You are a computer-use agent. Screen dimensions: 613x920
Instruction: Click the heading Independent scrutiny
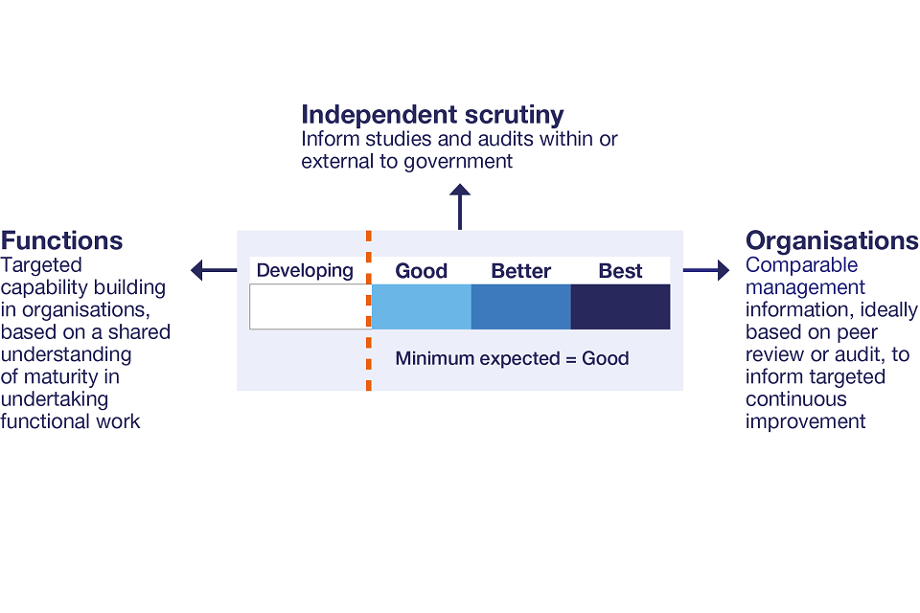(x=432, y=115)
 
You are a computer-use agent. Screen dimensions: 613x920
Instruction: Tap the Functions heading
(x=62, y=240)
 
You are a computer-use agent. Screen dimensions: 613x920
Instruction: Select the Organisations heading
(x=832, y=240)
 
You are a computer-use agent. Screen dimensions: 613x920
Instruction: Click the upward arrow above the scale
(x=460, y=207)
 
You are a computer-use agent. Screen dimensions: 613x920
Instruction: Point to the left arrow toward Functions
(x=213, y=271)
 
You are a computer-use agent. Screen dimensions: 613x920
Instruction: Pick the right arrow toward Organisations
(x=706, y=271)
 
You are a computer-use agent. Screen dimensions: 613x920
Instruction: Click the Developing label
(x=305, y=271)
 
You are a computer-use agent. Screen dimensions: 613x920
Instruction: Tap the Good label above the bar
(x=422, y=271)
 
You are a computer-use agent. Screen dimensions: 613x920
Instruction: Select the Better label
(x=520, y=271)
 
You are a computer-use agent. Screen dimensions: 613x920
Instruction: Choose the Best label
(x=620, y=271)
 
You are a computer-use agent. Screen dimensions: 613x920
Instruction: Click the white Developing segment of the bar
(x=309, y=306)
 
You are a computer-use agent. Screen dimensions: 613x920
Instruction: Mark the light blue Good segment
(x=422, y=306)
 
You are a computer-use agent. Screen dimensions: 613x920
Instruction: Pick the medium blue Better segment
(x=520, y=306)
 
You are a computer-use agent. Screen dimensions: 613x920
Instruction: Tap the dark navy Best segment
(x=620, y=306)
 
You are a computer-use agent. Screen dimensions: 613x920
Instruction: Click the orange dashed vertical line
(x=369, y=364)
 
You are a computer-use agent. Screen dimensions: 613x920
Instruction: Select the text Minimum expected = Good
(x=512, y=359)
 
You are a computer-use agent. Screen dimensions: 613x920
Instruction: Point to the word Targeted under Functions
(x=41, y=265)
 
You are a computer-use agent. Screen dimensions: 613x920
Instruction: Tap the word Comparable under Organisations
(x=802, y=265)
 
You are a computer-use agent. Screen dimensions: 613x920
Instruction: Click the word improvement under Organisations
(x=806, y=421)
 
